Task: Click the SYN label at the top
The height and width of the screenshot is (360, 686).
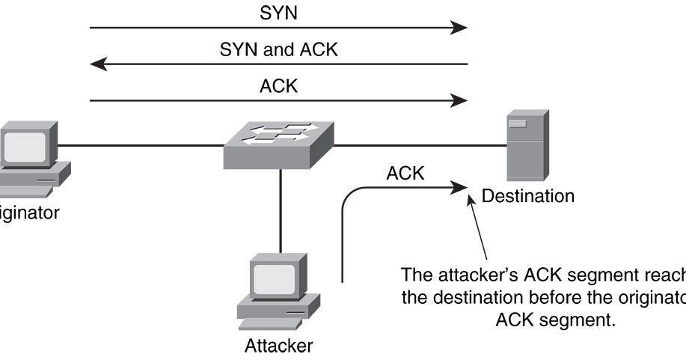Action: tap(278, 13)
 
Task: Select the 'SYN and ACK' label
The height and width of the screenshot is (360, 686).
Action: tap(278, 50)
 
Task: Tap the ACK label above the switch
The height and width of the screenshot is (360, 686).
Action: tap(278, 85)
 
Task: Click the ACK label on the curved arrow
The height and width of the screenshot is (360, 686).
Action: tap(405, 174)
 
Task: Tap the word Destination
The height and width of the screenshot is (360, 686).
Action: tap(528, 197)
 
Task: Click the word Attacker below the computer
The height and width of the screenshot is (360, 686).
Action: tap(279, 346)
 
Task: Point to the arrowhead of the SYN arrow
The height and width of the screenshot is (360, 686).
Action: tap(459, 28)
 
